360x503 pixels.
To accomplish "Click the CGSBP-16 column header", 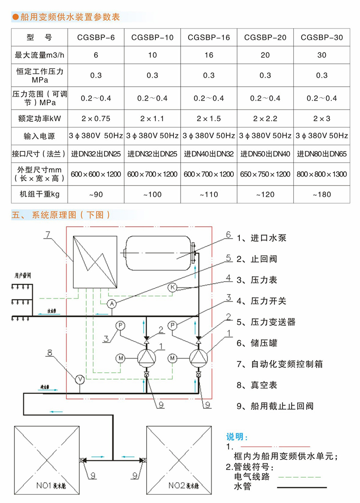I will [209, 38].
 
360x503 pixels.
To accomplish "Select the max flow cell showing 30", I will [322, 55].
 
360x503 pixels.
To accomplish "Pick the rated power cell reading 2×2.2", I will [265, 118].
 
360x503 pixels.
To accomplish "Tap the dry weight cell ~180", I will [322, 194].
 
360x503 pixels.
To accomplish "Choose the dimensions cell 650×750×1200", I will [265, 174].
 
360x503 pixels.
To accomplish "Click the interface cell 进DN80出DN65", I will [322, 154].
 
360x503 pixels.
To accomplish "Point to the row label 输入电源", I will [39, 136].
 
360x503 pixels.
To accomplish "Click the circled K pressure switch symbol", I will [172, 288].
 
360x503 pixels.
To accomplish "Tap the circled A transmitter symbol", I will [111, 303].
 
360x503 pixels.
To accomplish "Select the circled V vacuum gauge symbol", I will [80, 379].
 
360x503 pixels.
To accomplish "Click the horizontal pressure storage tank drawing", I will [158, 253].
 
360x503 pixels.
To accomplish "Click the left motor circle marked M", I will [120, 358].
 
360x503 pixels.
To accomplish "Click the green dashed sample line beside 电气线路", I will [299, 477].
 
